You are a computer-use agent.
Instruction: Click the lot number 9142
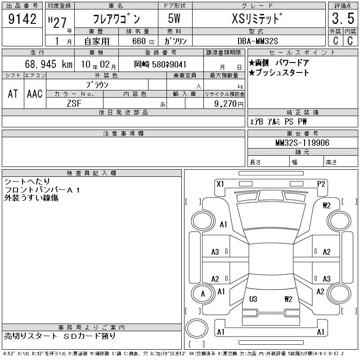pyautogui.click(x=22, y=19)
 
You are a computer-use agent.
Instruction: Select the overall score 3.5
pyautogui.click(x=343, y=18)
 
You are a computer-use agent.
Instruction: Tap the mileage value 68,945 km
pyautogui.click(x=49, y=64)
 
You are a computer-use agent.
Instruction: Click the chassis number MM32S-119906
pyautogui.click(x=302, y=143)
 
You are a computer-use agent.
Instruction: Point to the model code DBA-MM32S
pyautogui.click(x=257, y=41)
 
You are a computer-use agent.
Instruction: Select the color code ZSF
pyautogui.click(x=74, y=103)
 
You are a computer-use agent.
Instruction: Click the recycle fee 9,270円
pyautogui.click(x=229, y=104)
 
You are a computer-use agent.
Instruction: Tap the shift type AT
pyautogui.click(x=13, y=94)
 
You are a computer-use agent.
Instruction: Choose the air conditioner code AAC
pyautogui.click(x=35, y=94)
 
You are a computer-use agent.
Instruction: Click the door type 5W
pyautogui.click(x=174, y=18)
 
